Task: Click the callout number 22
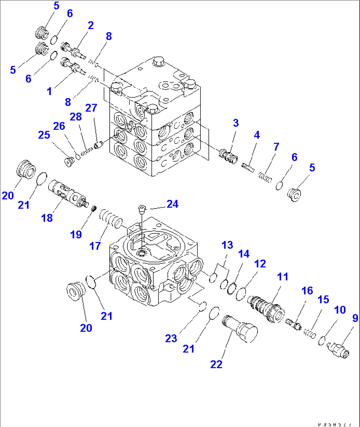coord(216,364)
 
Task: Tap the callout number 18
coord(47,218)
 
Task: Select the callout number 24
coord(172,204)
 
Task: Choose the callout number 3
coord(236,123)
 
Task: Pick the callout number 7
coord(276,147)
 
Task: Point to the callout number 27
coord(91,108)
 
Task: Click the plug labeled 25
coord(69,162)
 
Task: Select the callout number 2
coord(91,25)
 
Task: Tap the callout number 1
coord(50,91)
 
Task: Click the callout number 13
coord(227,245)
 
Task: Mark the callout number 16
coord(307,291)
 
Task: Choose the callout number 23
coord(171,338)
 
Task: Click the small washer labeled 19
coord(93,209)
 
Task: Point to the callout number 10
coord(340,310)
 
